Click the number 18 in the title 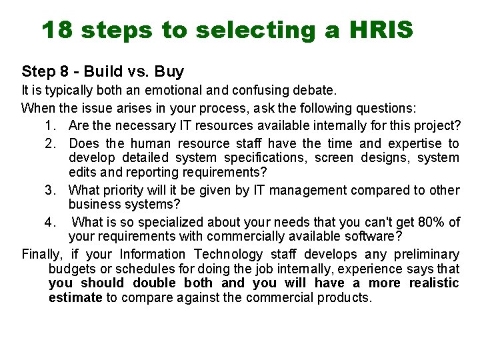coord(58,30)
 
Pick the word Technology coord(228,254)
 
